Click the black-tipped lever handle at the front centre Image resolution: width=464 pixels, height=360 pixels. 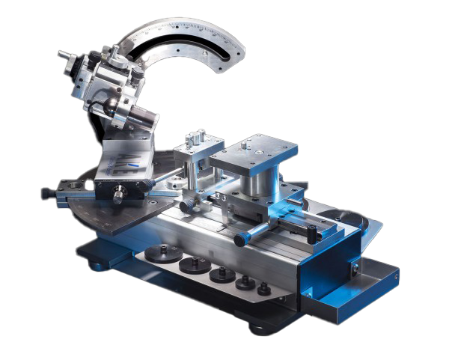pyautogui.click(x=242, y=240)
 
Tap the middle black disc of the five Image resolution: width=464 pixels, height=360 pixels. pyautogui.click(x=220, y=274)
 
